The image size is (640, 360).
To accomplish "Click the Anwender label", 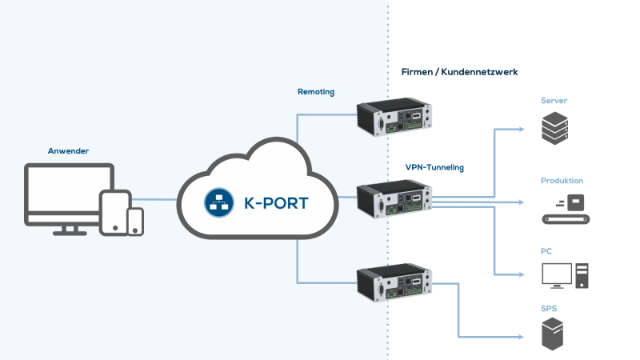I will click(x=67, y=150).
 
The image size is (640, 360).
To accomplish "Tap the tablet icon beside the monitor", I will click(x=114, y=211).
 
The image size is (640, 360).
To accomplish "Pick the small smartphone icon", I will click(x=136, y=222).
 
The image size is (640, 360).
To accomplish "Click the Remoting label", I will click(x=315, y=92).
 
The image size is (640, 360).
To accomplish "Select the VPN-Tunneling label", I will click(x=434, y=168).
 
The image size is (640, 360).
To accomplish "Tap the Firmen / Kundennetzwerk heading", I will click(x=459, y=72).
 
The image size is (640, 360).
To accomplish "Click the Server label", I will click(x=554, y=101).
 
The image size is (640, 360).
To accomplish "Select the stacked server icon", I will click(x=554, y=128).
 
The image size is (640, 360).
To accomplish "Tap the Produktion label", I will click(x=562, y=181).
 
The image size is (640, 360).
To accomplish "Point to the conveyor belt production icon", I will click(x=563, y=209).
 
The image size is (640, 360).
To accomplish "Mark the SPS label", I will click(x=549, y=307).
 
